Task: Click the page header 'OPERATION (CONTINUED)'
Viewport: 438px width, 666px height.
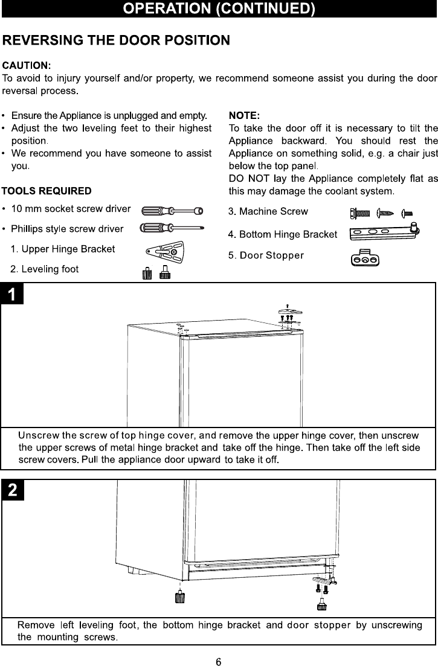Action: (219, 9)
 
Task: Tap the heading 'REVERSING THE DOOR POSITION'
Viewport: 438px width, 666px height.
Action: (116, 40)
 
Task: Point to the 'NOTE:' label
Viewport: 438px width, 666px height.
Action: (245, 115)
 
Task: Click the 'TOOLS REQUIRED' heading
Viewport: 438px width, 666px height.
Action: (47, 191)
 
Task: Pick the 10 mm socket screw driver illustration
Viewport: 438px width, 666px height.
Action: (172, 211)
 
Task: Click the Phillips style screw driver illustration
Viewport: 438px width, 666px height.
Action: (172, 228)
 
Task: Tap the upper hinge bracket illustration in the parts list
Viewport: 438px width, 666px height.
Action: (165, 252)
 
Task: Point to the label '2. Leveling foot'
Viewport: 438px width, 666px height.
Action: (48, 269)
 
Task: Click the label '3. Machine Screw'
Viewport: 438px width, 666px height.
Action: (268, 211)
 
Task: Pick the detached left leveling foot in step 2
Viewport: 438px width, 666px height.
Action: (179, 597)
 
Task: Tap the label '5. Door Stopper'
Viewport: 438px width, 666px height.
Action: (266, 255)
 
